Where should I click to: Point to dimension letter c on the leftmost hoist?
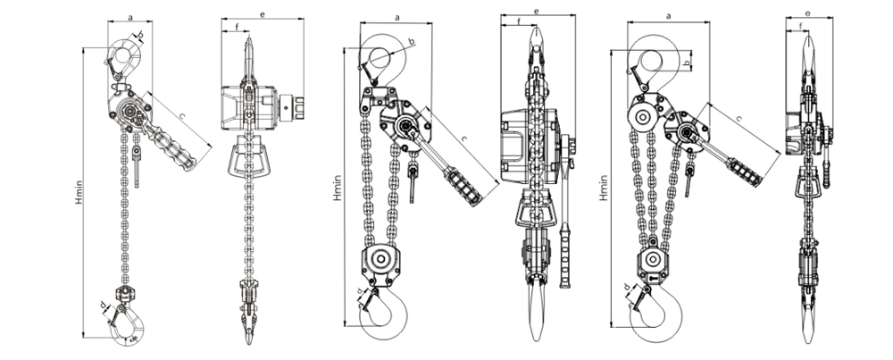pyautogui.click(x=182, y=116)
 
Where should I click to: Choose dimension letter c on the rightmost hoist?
pyautogui.click(x=739, y=117)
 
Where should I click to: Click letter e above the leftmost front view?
pyautogui.click(x=262, y=15)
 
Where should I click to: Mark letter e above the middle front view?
pyautogui.click(x=535, y=11)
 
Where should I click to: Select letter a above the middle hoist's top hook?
pyautogui.click(x=396, y=15)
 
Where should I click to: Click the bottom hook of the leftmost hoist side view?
pyautogui.click(x=124, y=327)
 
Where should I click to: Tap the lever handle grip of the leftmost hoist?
pyautogui.click(x=176, y=147)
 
